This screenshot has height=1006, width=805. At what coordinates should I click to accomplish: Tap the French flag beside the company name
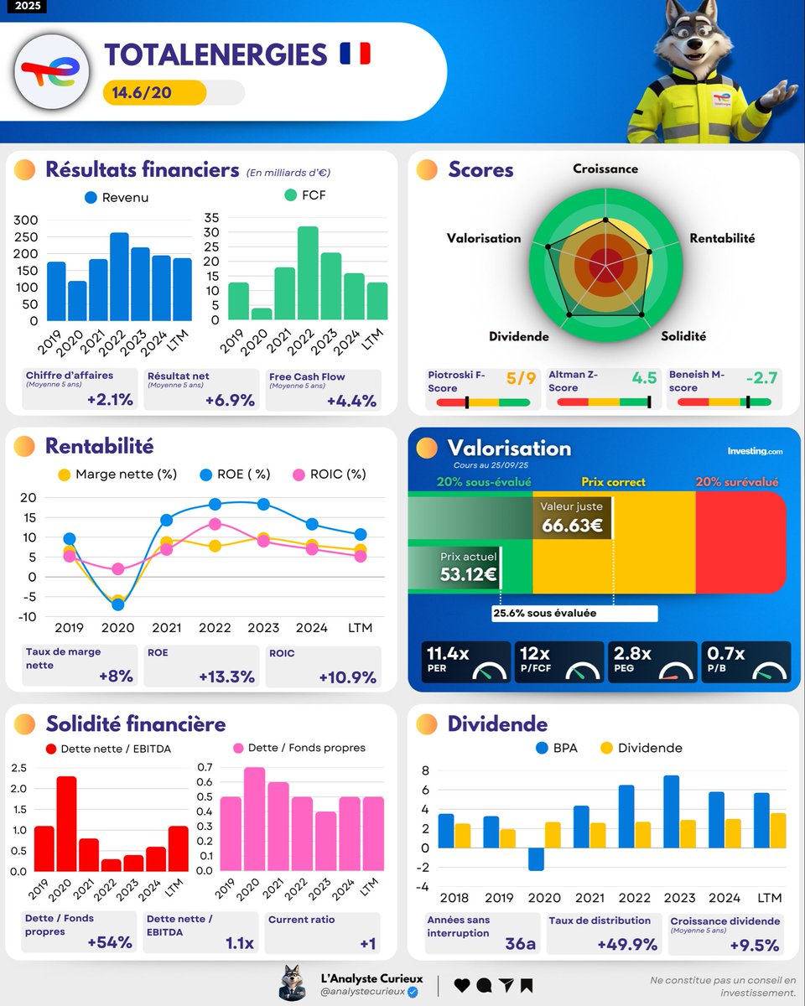click(x=354, y=54)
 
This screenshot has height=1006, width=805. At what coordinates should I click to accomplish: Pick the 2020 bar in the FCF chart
click(x=262, y=314)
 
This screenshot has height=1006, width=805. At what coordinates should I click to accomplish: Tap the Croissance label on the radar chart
click(x=605, y=169)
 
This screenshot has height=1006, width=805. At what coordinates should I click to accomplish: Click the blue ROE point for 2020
click(x=117, y=604)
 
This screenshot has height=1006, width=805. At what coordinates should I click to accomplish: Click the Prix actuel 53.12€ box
click(x=470, y=568)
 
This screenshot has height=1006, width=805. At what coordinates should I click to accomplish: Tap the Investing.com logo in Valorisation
click(x=755, y=451)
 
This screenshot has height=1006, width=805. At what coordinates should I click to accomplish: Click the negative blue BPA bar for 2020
click(x=536, y=859)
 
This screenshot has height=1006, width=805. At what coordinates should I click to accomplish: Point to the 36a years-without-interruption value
click(x=520, y=943)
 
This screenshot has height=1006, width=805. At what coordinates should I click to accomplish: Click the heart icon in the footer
click(x=461, y=985)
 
